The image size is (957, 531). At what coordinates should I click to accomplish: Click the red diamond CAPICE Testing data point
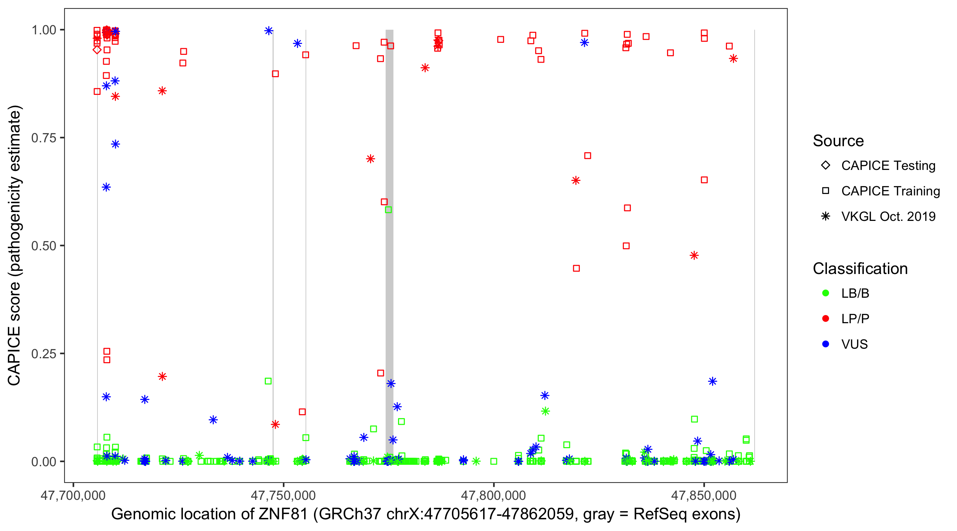pyautogui.click(x=97, y=50)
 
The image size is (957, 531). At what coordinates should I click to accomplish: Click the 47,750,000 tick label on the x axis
pyautogui.click(x=283, y=495)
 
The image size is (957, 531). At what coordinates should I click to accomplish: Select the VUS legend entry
pyautogui.click(x=854, y=344)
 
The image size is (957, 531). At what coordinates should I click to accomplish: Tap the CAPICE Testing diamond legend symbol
pyautogui.click(x=826, y=165)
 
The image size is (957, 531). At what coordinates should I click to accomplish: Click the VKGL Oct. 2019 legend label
pyautogui.click(x=888, y=216)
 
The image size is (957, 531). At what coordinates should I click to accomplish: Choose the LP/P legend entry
pyautogui.click(x=855, y=318)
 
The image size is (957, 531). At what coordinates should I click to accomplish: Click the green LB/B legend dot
pyautogui.click(x=826, y=293)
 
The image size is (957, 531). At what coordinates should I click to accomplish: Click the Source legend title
pyautogui.click(x=838, y=141)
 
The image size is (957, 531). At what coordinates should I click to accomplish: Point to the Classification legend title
pyautogui.click(x=860, y=269)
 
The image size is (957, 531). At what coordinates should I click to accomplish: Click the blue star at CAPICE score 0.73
pyautogui.click(x=116, y=144)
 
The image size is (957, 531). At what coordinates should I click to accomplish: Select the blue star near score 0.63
pyautogui.click(x=106, y=187)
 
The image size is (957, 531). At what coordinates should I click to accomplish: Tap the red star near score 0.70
pyautogui.click(x=370, y=159)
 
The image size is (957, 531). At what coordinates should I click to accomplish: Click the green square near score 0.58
pyautogui.click(x=388, y=210)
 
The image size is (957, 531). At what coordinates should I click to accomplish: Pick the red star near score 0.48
pyautogui.click(x=694, y=255)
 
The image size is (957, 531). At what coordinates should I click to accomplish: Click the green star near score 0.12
pyautogui.click(x=545, y=411)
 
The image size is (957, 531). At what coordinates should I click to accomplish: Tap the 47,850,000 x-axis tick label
pyautogui.click(x=704, y=495)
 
